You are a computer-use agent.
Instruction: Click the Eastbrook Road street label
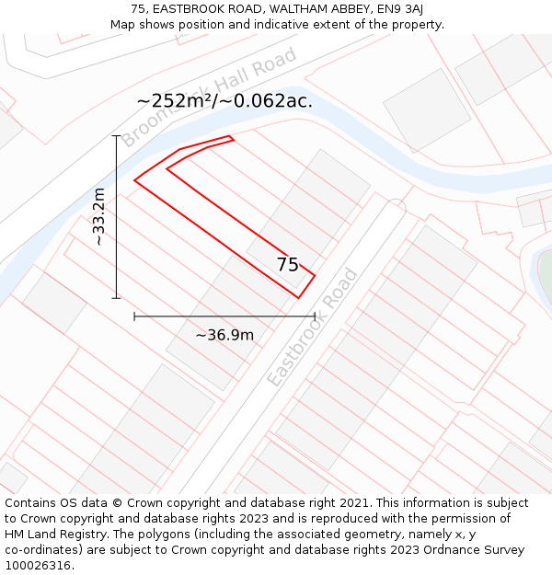(311, 328)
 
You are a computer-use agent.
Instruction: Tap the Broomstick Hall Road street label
(210, 98)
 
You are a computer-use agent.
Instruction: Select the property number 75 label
(288, 265)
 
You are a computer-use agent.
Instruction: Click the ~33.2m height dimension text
(99, 216)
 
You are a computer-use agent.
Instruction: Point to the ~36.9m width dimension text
(224, 335)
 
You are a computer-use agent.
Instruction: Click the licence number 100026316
(39, 566)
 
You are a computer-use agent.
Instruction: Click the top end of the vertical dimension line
(117, 136)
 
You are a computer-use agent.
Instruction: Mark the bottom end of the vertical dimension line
(117, 298)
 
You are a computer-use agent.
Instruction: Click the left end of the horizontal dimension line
(135, 316)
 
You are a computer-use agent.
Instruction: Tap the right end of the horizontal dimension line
(315, 316)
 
